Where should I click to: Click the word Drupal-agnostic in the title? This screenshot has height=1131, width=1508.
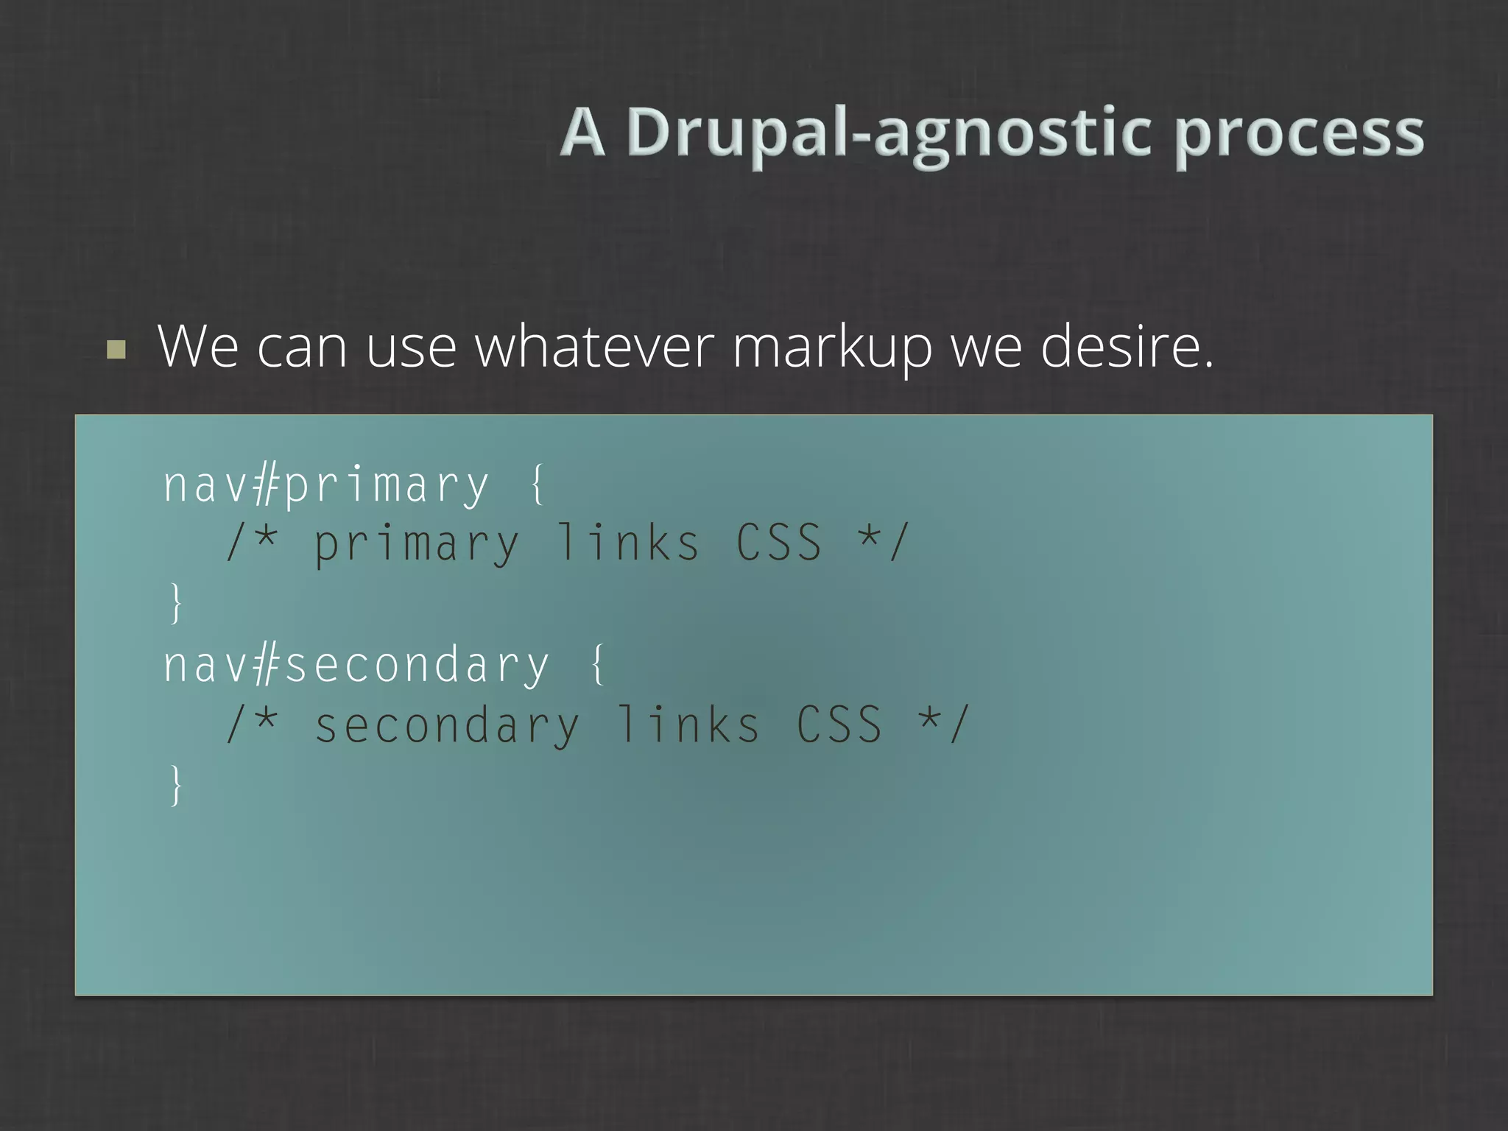coord(887,134)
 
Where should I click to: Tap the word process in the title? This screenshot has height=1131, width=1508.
coord(1299,134)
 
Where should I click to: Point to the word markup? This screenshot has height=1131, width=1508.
coord(832,348)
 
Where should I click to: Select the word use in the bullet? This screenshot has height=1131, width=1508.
coord(411,348)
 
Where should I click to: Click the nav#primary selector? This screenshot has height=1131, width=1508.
coord(325,485)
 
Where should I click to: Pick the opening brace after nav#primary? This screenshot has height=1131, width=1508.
coord(538,484)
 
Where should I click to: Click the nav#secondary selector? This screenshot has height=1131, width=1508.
coord(356,666)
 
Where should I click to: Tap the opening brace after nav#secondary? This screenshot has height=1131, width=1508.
coord(598,664)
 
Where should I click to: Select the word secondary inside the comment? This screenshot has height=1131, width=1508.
coord(447,726)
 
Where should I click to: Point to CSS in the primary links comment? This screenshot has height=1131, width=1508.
coord(779,543)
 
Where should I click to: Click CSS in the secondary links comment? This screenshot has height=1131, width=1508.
coord(839,725)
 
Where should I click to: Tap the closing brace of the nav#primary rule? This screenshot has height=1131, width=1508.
coord(175,603)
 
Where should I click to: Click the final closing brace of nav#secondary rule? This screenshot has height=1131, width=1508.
coord(175,785)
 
